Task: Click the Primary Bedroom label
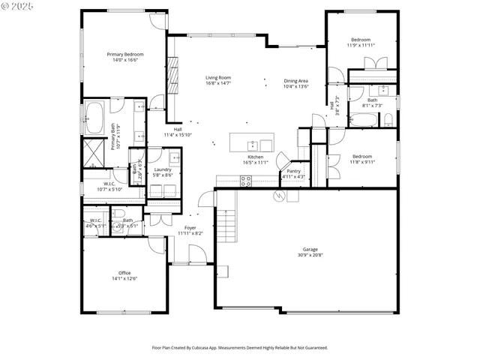[x=125, y=57]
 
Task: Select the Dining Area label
[x=295, y=84]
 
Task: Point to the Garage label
[x=310, y=253]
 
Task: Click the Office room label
[x=124, y=275]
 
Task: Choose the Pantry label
[x=293, y=174]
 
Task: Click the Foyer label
[x=190, y=230]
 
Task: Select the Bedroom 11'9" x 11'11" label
[x=361, y=42]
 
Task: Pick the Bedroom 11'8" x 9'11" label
[x=361, y=158]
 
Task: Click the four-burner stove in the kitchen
[x=245, y=180]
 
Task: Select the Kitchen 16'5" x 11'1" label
[x=255, y=160]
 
